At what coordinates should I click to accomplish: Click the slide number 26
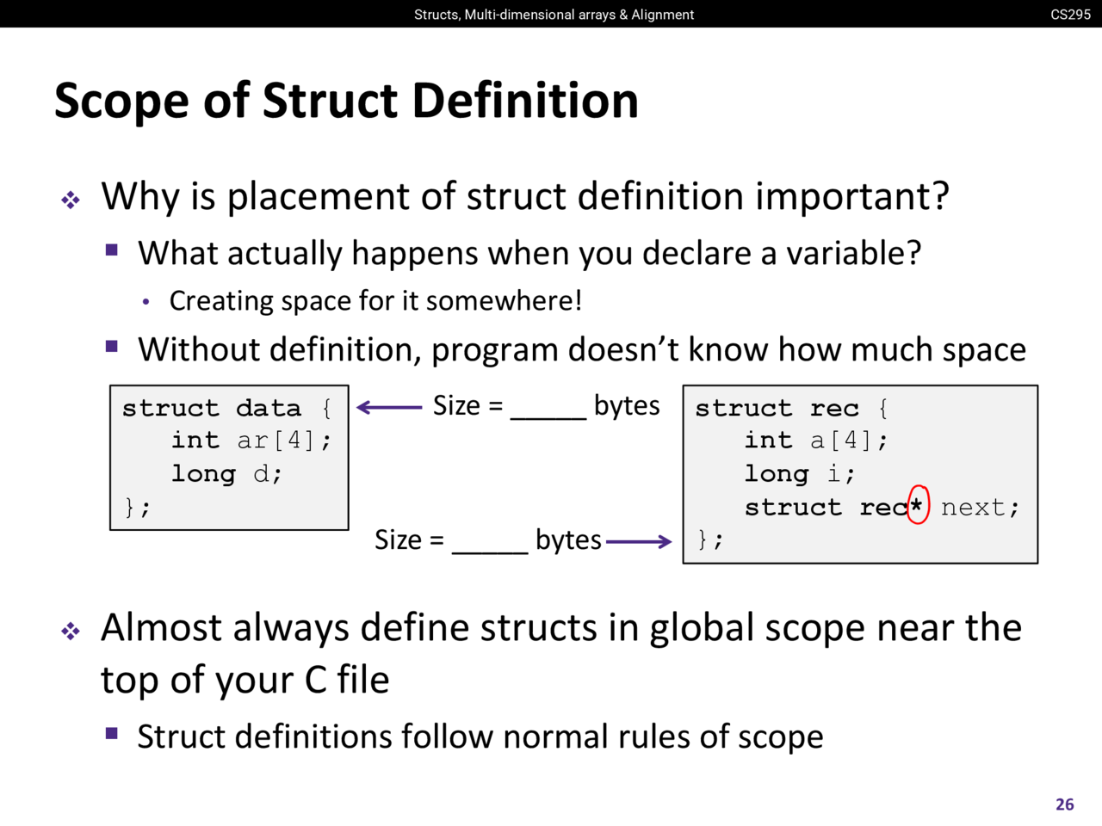[1064, 804]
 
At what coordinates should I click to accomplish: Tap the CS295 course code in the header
[1070, 15]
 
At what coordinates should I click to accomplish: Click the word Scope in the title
[121, 102]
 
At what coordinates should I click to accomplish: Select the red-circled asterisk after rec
[917, 506]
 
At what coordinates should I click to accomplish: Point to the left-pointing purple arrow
[389, 407]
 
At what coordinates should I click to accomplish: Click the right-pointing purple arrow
[639, 542]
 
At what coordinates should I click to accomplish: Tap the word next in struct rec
[973, 508]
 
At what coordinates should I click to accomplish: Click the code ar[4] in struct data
[275, 441]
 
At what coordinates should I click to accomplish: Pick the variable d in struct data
[261, 473]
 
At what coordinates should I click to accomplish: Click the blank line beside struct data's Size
[548, 419]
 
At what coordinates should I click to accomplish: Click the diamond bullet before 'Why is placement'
[71, 200]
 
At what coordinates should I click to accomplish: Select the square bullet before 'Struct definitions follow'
[111, 734]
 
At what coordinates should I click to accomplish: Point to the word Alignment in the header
[663, 15]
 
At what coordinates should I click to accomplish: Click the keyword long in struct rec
[777, 474]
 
